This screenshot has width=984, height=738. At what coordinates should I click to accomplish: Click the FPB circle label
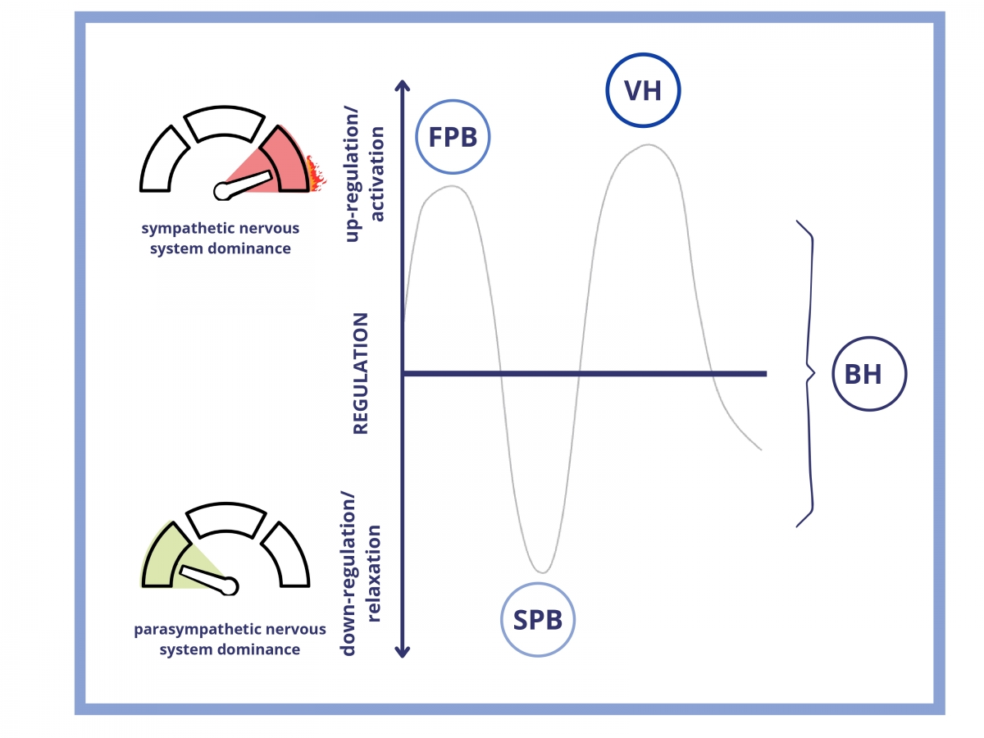pyautogui.click(x=453, y=137)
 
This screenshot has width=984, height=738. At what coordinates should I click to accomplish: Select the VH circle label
pyautogui.click(x=643, y=91)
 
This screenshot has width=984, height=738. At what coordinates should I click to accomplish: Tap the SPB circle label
pyautogui.click(x=538, y=620)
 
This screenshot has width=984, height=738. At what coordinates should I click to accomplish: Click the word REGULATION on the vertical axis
pyautogui.click(x=361, y=373)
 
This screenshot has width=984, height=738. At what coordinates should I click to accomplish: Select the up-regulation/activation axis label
pyautogui.click(x=365, y=177)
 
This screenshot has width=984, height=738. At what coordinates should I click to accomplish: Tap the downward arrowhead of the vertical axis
pyautogui.click(x=402, y=651)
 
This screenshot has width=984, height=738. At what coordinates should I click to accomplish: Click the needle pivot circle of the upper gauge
pyautogui.click(x=222, y=191)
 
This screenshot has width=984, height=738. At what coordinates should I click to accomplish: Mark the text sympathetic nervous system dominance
pyautogui.click(x=219, y=238)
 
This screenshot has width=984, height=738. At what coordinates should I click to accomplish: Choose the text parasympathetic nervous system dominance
pyautogui.click(x=229, y=639)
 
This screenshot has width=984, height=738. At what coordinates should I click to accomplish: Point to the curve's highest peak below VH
pyautogui.click(x=648, y=145)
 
